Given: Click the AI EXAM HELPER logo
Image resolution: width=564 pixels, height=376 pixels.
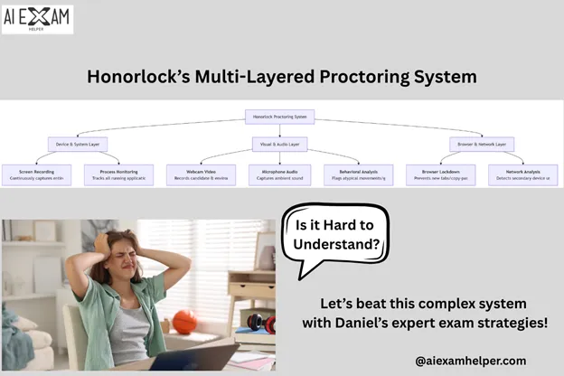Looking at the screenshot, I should pos(37,18).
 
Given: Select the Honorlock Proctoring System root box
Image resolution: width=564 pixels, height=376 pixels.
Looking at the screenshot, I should pos(281,117).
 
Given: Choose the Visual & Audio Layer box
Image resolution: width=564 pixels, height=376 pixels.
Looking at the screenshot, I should pos(281,144).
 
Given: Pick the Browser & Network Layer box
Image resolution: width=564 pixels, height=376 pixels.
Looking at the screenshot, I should pos(482,144).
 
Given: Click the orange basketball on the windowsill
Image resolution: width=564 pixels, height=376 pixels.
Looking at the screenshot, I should pos(184,321).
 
